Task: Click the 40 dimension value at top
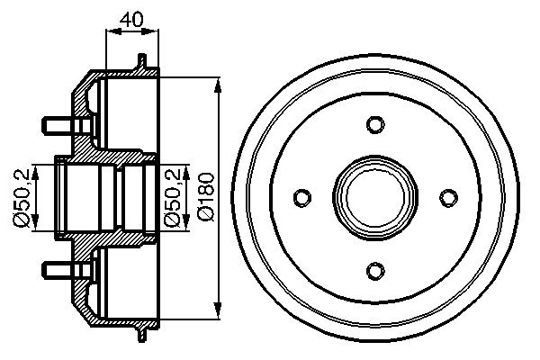click(131, 16)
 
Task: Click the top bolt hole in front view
click(376, 123)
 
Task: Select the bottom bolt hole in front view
click(376, 269)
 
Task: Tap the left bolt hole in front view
click(303, 196)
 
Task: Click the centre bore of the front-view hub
click(376, 196)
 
